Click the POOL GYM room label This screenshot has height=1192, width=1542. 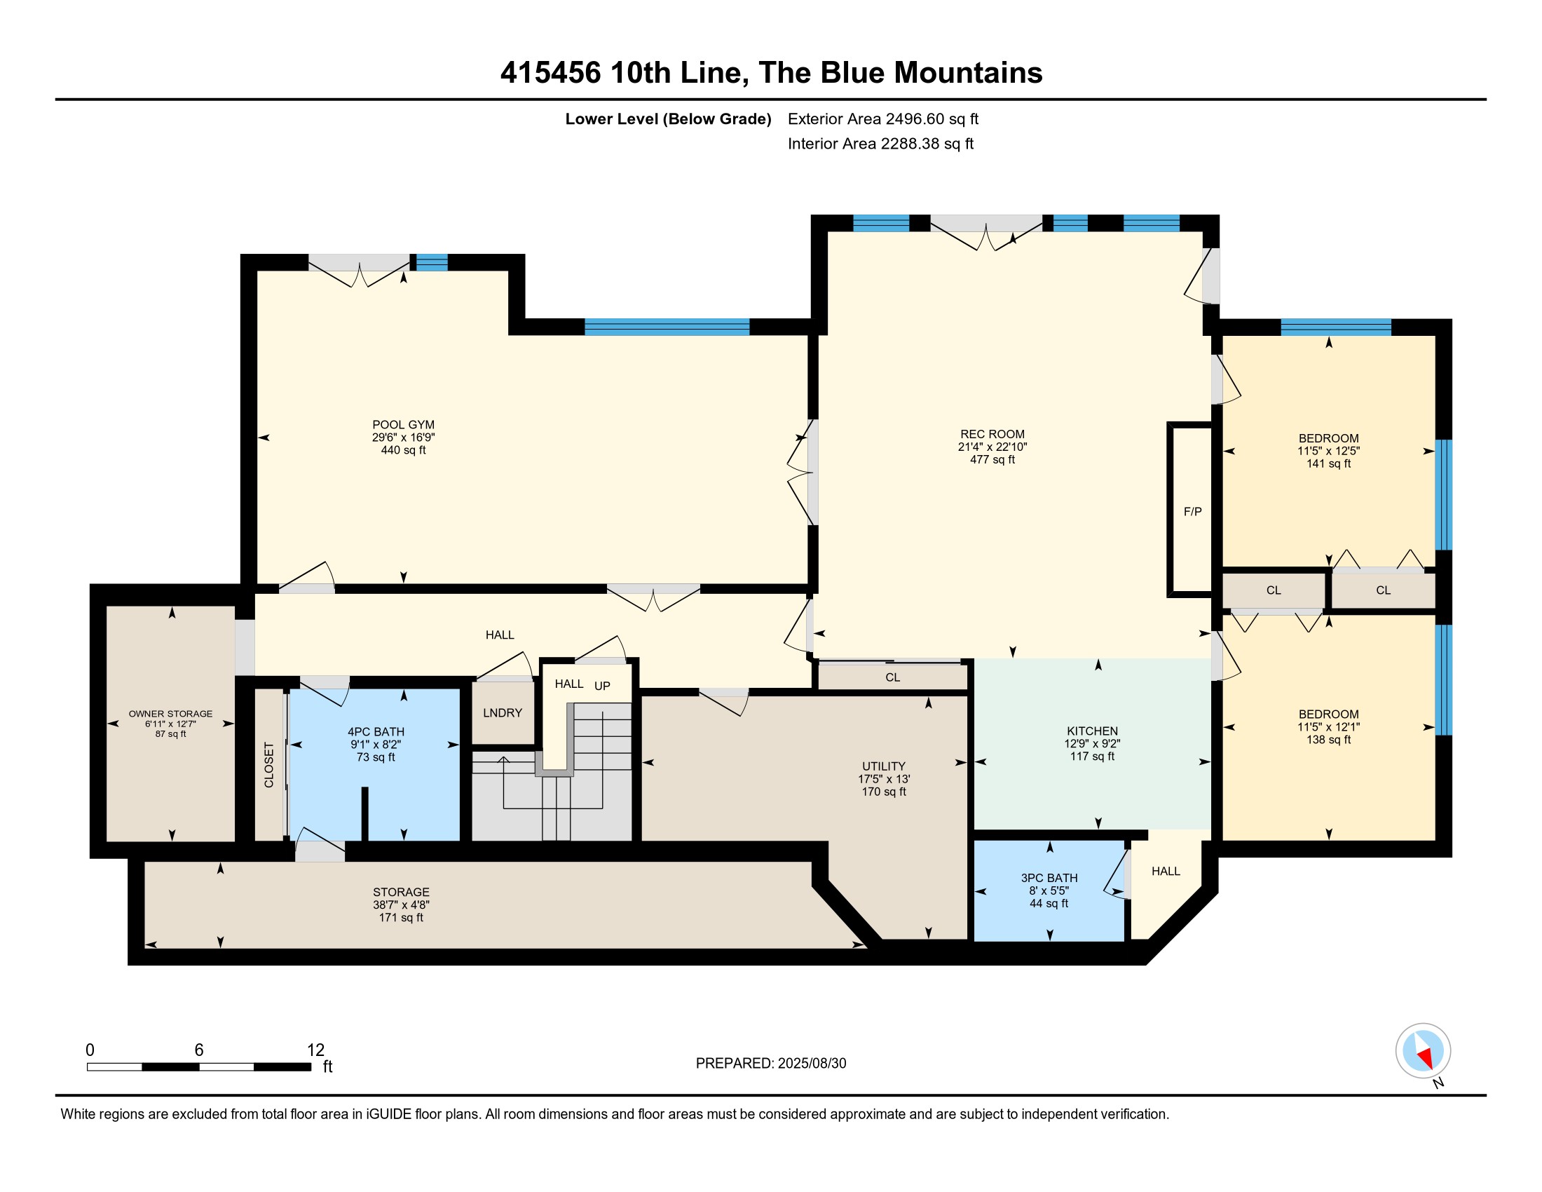point(403,424)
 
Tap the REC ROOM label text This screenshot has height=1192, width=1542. point(992,434)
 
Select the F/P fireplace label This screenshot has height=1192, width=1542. point(1192,511)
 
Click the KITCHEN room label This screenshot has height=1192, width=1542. point(1092,731)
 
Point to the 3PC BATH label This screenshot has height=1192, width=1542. point(1049,878)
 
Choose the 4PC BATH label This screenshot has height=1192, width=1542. point(376,731)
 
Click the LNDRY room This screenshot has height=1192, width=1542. point(503,712)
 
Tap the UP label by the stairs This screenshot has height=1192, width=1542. point(602,686)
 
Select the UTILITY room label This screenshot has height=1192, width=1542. point(883,766)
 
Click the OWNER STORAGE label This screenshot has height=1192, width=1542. point(170,714)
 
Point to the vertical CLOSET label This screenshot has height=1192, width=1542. point(269,765)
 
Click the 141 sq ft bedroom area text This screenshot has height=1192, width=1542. point(1328,464)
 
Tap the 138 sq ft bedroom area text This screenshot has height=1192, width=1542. point(1328,739)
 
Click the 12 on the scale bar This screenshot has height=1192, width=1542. point(315,1050)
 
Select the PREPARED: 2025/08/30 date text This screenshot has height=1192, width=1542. point(771,1064)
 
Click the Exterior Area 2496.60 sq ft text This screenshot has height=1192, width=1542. point(883,118)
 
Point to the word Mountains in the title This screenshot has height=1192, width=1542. point(968,73)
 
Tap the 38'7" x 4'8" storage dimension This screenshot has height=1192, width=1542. point(401,905)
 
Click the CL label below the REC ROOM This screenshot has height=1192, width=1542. point(892,677)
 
